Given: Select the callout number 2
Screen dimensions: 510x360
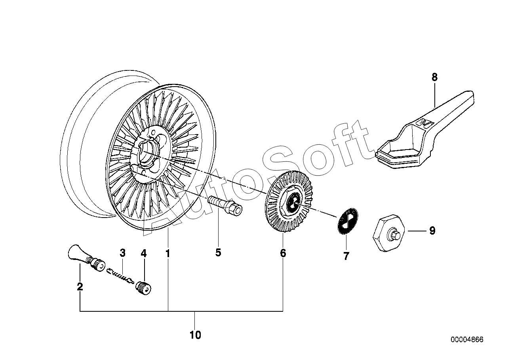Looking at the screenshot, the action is tap(80, 286).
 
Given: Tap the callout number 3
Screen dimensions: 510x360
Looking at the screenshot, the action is tap(123, 252).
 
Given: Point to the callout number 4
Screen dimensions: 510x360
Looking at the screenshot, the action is tap(144, 253).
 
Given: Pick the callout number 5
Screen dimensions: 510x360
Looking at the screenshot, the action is tap(218, 252).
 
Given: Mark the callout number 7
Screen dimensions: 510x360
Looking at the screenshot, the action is tap(346, 256).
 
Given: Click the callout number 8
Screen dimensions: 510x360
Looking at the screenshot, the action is tap(434, 77).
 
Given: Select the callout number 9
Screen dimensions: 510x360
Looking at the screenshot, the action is tap(432, 231).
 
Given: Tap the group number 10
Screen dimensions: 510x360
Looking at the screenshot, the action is tap(195, 335).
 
